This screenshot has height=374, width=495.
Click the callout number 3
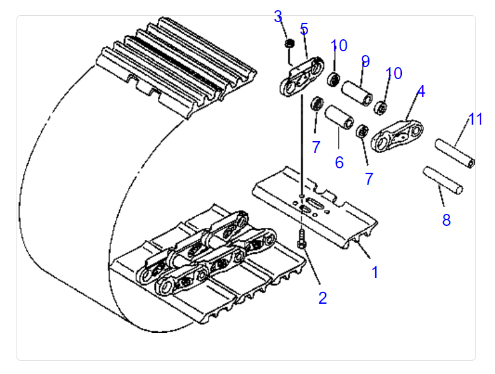278,16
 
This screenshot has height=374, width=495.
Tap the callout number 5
304,29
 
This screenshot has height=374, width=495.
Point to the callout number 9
365,61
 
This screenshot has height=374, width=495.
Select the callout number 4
421,91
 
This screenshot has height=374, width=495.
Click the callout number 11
475,119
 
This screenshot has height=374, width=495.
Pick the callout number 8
446,220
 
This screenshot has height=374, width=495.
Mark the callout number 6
339,163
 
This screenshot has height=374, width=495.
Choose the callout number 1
375,272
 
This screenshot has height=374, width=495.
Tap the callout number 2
323,298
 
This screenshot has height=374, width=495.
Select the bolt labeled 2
302,239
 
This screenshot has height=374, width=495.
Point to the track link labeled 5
302,77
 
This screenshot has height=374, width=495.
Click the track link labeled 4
397,135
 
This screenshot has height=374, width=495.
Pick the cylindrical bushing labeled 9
357,94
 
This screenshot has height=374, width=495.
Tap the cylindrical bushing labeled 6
339,117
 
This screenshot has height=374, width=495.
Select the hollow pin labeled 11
455,153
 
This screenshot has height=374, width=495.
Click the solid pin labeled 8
443,180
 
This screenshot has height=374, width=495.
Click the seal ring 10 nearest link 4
381,108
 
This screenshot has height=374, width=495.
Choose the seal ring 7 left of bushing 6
317,104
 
